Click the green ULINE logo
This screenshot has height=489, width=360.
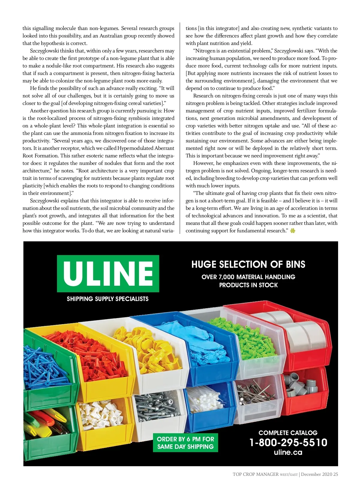tap(108, 273)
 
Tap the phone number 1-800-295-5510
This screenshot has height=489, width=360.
tap(288, 443)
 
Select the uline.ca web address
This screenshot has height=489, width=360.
tap(288, 452)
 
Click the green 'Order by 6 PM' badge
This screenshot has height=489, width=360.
tap(185, 443)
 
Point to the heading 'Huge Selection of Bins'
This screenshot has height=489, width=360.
tap(248, 264)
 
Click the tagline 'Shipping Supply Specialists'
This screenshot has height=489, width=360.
tap(107, 299)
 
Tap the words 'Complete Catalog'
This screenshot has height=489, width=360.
tap(288, 433)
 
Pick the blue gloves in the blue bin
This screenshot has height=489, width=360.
tap(207, 351)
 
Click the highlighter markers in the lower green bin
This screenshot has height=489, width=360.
tap(45, 421)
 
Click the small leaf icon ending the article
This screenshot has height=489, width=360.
tap(293, 231)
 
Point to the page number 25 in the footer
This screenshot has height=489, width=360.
tap(335, 474)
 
